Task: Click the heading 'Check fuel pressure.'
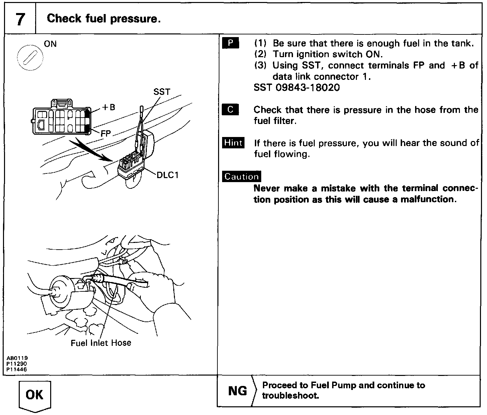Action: point(104,19)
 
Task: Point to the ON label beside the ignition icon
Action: point(51,44)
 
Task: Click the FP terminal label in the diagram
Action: point(106,134)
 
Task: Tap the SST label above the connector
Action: point(162,92)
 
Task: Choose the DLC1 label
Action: point(168,175)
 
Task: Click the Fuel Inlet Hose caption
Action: point(101,343)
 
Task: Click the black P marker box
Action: point(230,43)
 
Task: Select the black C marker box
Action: point(230,110)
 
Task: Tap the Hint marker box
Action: point(233,143)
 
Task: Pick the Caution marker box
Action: point(241,176)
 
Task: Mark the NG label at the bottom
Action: point(237,391)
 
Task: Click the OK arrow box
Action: point(35,396)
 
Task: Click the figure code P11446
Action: point(17,369)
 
